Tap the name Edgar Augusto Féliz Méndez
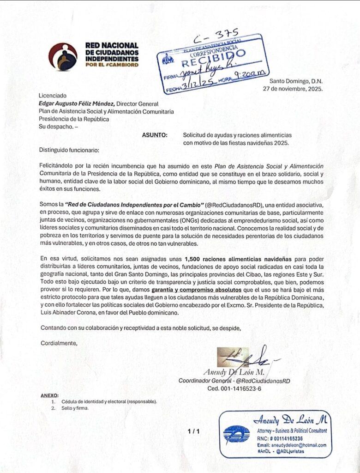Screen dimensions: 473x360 coord(76,104)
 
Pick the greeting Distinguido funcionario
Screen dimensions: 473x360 coord(69,150)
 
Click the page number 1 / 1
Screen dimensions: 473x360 coord(194,431)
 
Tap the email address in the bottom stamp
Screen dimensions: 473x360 coord(291,445)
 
